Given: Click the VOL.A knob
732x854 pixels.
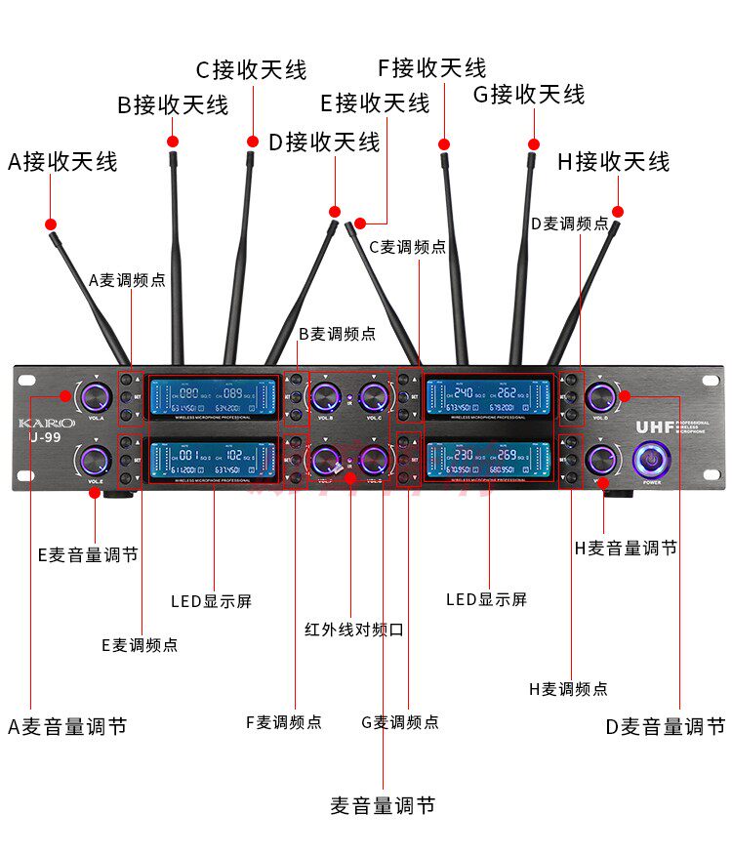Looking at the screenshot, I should tap(96, 396).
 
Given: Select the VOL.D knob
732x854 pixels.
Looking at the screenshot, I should tap(601, 396).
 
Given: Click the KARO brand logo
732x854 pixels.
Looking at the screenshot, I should tap(46, 423).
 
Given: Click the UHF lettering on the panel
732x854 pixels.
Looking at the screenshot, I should tap(655, 427).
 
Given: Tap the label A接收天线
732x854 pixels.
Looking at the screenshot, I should tap(62, 161).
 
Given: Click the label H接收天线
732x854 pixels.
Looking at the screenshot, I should tap(614, 161).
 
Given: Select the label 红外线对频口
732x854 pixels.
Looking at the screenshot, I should tap(354, 630).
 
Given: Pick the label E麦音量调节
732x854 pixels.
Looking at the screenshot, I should tap(88, 554).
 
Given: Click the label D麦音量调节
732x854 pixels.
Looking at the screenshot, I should tap(665, 726).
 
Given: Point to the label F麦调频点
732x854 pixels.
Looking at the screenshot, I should tap(283, 722).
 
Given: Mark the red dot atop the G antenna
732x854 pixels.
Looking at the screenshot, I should tap(533, 142).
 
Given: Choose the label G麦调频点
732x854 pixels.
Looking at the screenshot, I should tap(400, 722).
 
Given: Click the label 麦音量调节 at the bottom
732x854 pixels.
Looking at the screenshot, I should tap(383, 805).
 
